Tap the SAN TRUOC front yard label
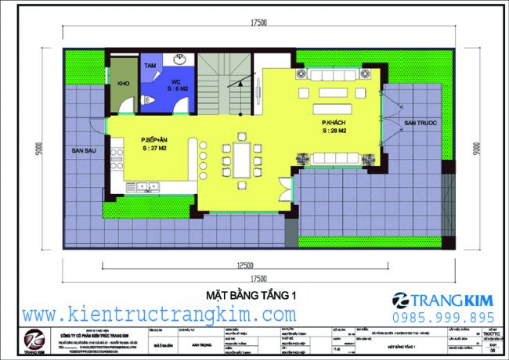pyautogui.click(x=420, y=124)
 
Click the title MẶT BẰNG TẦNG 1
pyautogui.click(x=254, y=294)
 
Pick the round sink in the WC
pyautogui.click(x=179, y=60)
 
